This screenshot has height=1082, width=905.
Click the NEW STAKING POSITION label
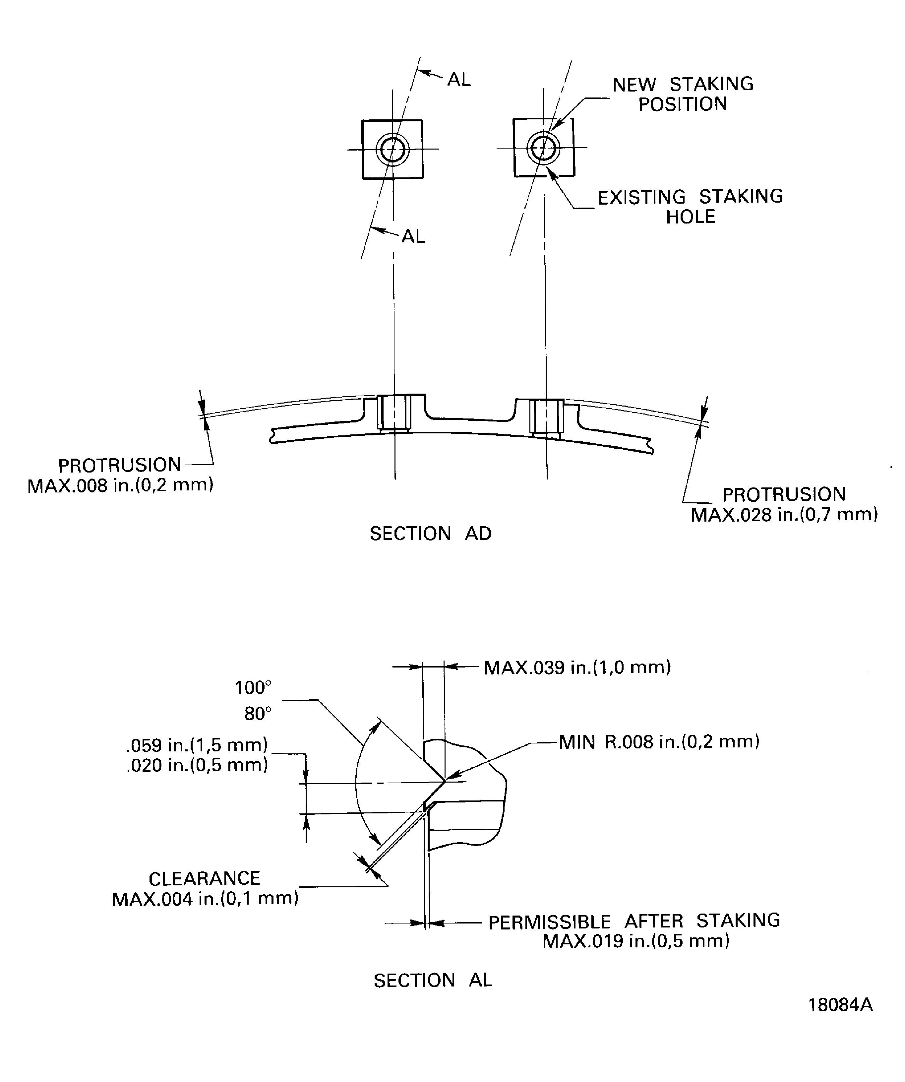coord(683,94)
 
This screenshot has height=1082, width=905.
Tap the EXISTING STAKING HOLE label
coord(690,207)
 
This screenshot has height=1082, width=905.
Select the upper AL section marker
coord(459,79)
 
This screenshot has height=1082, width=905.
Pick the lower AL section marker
coord(413,236)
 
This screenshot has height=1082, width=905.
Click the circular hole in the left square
coord(392,150)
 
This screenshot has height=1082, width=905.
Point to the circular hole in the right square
coord(543,148)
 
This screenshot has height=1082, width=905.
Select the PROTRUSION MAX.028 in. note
coord(784,504)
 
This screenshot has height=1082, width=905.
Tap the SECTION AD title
coord(431,534)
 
